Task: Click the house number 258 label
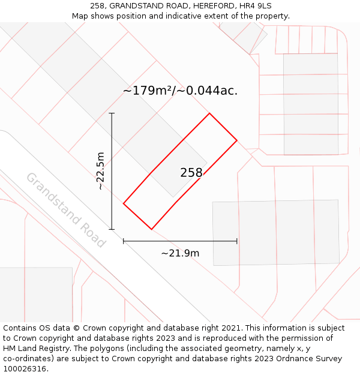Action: click(x=191, y=173)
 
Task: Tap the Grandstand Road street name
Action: click(x=66, y=210)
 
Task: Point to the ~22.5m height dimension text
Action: click(x=101, y=171)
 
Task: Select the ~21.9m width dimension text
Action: click(x=180, y=253)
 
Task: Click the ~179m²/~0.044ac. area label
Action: click(x=180, y=91)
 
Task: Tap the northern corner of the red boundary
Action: click(x=209, y=113)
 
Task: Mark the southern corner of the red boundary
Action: click(x=151, y=229)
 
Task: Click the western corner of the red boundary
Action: click(x=124, y=203)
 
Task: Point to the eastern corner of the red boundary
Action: click(x=237, y=140)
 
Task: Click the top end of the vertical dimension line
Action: click(x=112, y=113)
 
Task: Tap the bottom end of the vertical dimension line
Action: click(x=112, y=229)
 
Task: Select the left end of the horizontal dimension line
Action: click(x=124, y=241)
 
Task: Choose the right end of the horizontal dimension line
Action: click(x=237, y=241)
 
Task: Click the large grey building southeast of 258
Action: click(x=276, y=232)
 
